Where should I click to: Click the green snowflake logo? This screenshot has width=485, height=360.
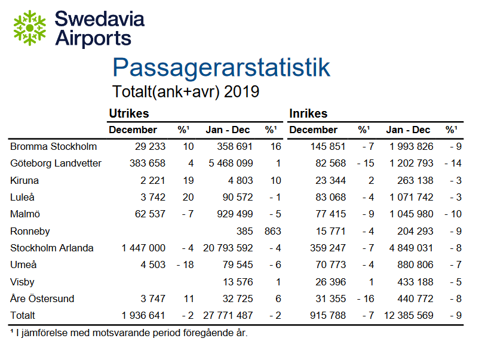click(29, 28)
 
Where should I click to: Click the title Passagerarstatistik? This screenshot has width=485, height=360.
click(221, 67)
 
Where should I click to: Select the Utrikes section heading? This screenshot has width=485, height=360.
click(128, 113)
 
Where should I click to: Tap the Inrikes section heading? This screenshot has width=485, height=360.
click(308, 113)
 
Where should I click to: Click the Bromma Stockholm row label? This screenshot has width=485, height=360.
click(53, 147)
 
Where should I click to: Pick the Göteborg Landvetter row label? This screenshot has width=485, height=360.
click(56, 164)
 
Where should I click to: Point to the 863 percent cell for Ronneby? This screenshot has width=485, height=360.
click(272, 231)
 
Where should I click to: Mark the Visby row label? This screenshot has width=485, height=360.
click(22, 281)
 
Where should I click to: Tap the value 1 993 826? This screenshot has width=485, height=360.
click(408, 147)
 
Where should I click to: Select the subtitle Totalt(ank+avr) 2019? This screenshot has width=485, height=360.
click(186, 92)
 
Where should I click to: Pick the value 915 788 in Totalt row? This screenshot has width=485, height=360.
click(325, 315)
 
